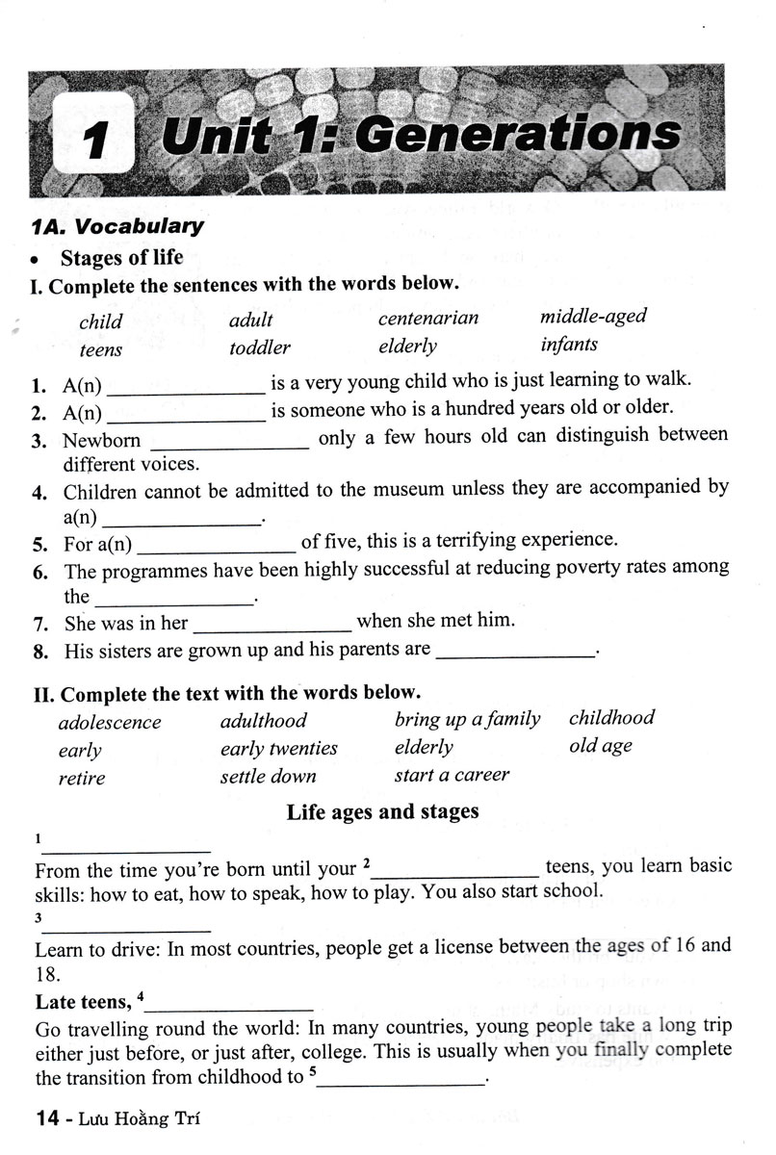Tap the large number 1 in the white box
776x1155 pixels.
tap(93, 141)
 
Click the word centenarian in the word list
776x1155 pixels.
tap(427, 318)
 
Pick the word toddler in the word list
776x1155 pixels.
tap(259, 347)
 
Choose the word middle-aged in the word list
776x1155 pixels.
tap(593, 316)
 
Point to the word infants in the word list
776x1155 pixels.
tap(568, 344)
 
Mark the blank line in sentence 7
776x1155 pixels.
tap(272, 627)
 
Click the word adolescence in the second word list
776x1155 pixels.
tap(109, 722)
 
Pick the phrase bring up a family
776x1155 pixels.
tap(467, 719)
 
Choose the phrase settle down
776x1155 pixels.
tap(268, 776)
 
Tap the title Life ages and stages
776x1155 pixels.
tap(382, 811)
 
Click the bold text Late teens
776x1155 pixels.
tap(81, 1002)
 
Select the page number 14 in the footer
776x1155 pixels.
tap(49, 1118)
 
